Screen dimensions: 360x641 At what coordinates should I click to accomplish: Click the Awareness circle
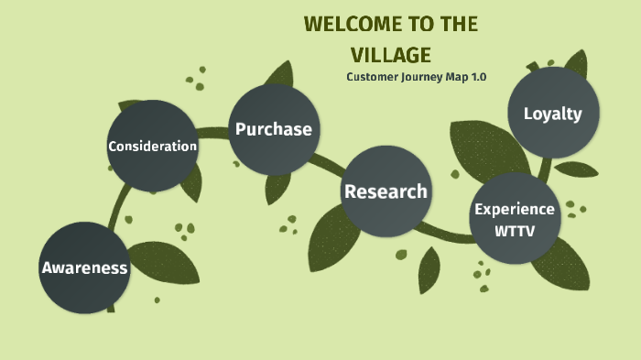tap(84, 267)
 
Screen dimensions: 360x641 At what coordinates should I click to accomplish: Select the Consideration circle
tap(153, 147)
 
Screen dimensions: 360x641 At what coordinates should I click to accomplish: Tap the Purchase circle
tap(274, 129)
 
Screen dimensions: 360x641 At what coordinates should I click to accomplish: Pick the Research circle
tap(386, 191)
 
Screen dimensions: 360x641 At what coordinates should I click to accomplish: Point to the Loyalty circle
tap(552, 114)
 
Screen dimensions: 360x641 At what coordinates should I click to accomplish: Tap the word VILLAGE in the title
tap(391, 55)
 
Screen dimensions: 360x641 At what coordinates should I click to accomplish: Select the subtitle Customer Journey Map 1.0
tap(416, 76)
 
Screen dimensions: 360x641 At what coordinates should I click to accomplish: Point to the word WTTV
tap(514, 231)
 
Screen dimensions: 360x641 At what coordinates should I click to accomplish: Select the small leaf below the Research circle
tap(429, 270)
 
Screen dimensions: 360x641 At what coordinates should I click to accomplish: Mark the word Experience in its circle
tap(514, 209)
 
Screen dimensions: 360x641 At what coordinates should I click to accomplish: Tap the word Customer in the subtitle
tap(372, 76)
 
